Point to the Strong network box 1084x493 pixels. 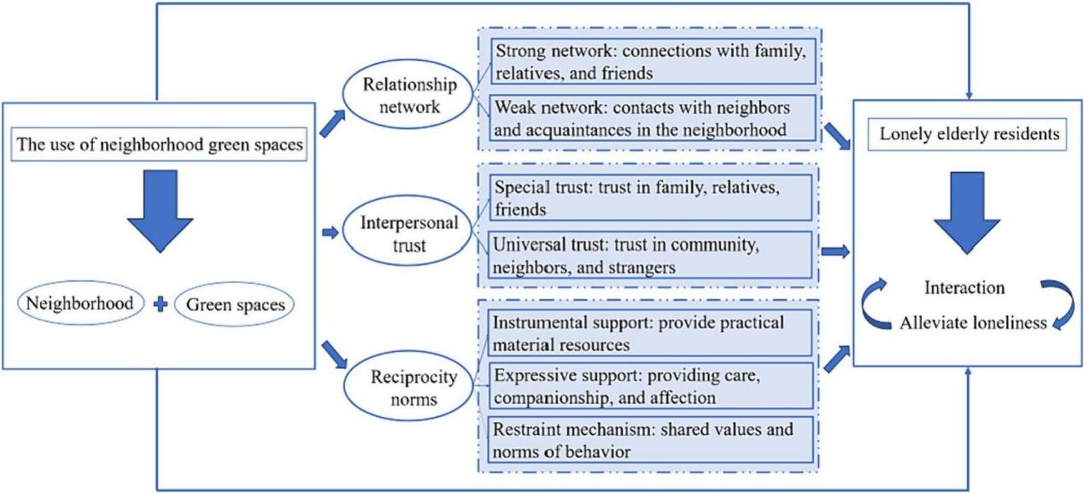tap(649, 61)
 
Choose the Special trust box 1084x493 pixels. tap(649, 197)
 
